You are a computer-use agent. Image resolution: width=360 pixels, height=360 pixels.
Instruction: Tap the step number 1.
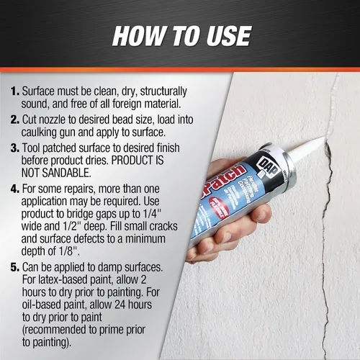pos(15,91)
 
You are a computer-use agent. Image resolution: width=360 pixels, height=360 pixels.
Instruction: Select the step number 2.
pos(15,120)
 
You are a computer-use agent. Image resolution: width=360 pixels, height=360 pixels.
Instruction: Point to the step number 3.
pos(15,148)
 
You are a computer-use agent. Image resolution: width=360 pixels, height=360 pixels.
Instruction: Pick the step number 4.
pos(15,189)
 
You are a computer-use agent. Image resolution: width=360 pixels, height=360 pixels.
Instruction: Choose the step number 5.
pos(15,267)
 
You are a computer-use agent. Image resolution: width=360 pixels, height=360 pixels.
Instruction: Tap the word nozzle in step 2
pos(52,120)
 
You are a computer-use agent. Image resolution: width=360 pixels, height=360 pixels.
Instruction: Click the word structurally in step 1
pos(163,91)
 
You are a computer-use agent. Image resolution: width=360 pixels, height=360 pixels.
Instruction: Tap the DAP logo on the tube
pos(269,166)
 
